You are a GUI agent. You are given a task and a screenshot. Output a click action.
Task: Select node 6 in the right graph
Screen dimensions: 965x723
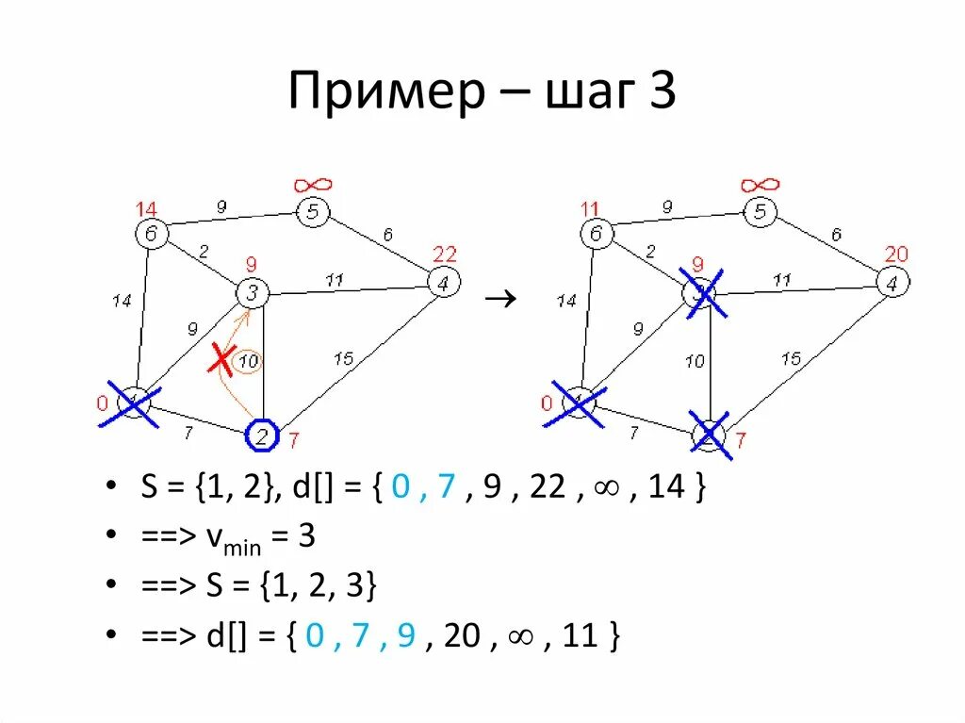(x=595, y=234)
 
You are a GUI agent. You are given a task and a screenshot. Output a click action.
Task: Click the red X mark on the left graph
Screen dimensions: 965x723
(x=221, y=358)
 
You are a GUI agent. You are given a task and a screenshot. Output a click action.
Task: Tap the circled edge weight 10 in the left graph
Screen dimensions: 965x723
(x=248, y=361)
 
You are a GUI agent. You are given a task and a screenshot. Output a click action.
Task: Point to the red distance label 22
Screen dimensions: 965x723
(x=444, y=254)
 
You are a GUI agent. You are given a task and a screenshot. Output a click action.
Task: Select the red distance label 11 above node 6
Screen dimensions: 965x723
(x=591, y=208)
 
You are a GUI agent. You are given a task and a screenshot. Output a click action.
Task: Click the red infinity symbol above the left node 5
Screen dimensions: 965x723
(x=312, y=185)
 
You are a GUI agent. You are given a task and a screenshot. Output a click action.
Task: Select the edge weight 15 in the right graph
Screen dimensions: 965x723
(x=791, y=358)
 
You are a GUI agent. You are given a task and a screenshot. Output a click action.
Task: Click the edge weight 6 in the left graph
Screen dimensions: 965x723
(x=386, y=236)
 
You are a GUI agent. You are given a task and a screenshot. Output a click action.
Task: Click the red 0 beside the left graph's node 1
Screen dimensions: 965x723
(x=103, y=404)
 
